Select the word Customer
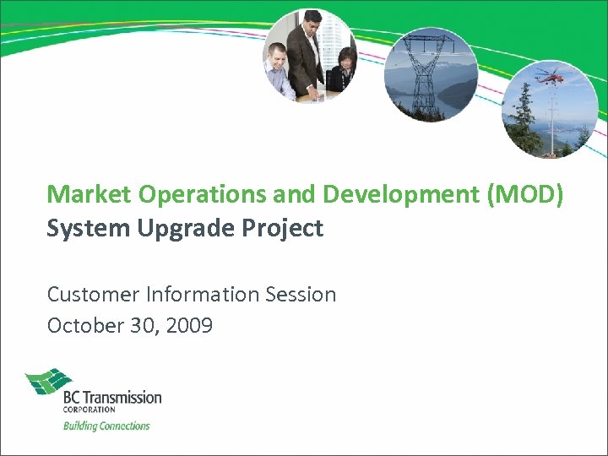coord(91,295)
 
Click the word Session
coord(299,295)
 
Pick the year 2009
coord(190,326)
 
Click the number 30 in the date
coord(142,326)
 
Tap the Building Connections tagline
coord(106,426)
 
